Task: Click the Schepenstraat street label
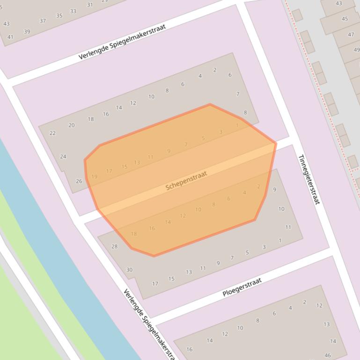(x=186, y=180)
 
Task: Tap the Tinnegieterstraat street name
(x=309, y=180)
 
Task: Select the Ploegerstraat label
(x=242, y=287)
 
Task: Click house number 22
(x=52, y=133)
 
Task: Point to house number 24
(x=63, y=157)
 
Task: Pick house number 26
(x=79, y=181)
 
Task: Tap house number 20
(x=71, y=125)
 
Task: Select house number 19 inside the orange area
(x=94, y=177)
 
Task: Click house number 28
(x=114, y=246)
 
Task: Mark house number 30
(x=129, y=270)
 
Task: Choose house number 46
(x=328, y=355)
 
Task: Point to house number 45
(x=345, y=19)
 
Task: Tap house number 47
(x=351, y=35)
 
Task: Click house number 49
(x=357, y=50)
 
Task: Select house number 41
(x=10, y=37)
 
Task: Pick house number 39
(x=27, y=32)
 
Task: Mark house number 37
(x=43, y=21)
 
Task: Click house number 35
(x=59, y=16)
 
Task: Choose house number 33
(x=73, y=11)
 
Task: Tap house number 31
(x=90, y=5)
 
